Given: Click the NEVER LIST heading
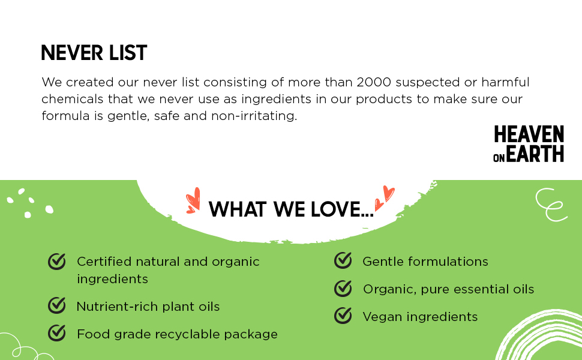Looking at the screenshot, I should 94,53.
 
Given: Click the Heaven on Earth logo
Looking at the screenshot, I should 529,144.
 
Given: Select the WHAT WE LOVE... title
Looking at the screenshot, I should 291,209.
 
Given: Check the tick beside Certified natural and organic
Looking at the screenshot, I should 57,262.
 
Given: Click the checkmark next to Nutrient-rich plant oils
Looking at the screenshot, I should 57,305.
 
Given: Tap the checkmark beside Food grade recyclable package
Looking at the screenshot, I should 57,332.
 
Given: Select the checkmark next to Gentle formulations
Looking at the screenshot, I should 343,260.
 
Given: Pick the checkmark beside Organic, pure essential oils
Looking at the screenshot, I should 343,289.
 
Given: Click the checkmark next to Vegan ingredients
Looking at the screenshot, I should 343,316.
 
